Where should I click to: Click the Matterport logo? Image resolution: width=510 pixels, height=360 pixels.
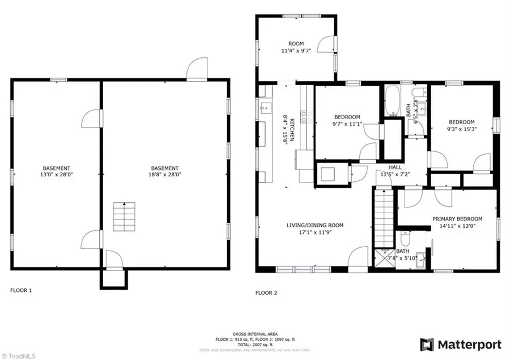click(x=460, y=344)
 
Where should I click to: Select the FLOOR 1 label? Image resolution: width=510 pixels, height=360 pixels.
click(x=21, y=290)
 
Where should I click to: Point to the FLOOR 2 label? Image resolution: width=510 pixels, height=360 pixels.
click(x=266, y=293)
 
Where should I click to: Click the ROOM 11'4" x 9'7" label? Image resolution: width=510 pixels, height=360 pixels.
click(x=296, y=46)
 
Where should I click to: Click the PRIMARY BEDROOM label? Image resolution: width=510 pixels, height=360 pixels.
click(x=457, y=219)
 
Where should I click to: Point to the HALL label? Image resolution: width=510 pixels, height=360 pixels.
click(x=395, y=168)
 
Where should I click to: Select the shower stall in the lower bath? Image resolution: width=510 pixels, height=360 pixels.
click(x=385, y=258)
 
